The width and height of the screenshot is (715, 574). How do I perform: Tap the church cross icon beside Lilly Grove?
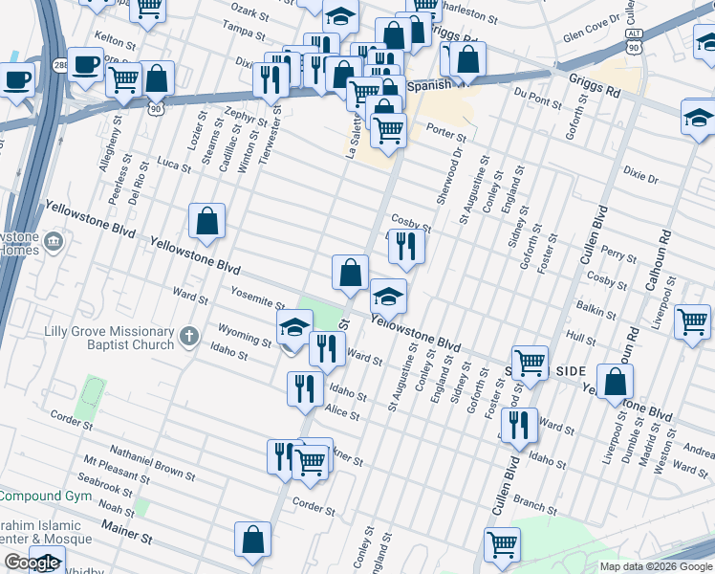point(189,337)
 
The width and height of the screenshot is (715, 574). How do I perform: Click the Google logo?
point(32,563)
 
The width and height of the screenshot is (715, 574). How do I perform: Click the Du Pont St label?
point(536,97)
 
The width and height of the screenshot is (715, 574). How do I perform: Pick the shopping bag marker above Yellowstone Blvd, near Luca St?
point(206,222)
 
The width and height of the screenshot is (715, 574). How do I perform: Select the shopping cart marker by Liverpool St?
point(692,321)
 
